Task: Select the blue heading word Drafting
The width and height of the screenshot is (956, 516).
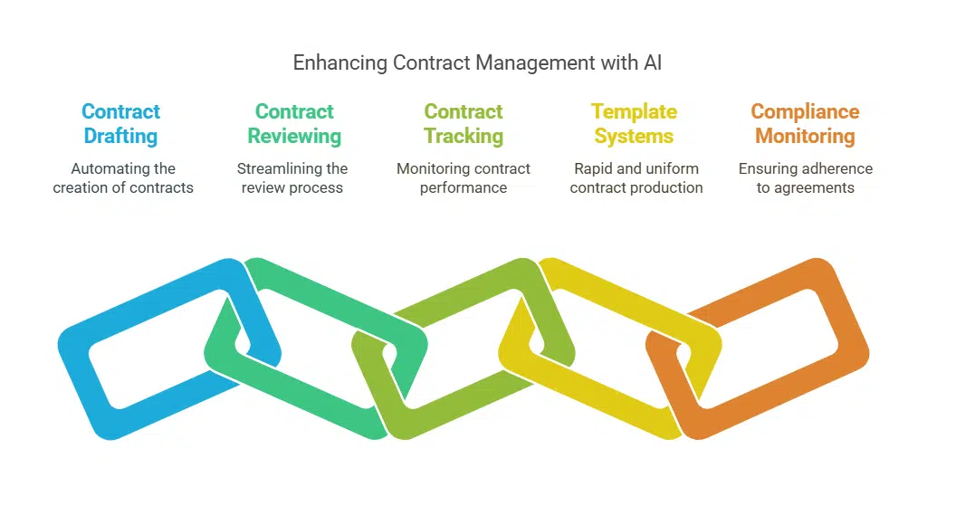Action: tap(120, 137)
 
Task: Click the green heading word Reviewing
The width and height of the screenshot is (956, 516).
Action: tap(294, 137)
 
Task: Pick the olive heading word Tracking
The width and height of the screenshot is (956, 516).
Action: tap(464, 137)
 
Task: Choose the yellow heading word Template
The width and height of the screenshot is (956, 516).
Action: tap(634, 112)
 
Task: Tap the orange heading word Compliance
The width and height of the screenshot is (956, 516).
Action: tap(805, 112)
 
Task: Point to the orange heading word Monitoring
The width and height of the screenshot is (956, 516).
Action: tap(805, 137)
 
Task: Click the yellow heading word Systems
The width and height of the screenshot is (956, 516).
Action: tap(634, 137)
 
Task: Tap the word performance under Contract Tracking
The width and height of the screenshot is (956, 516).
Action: tap(464, 187)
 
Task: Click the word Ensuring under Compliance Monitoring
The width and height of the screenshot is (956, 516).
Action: tap(770, 168)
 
